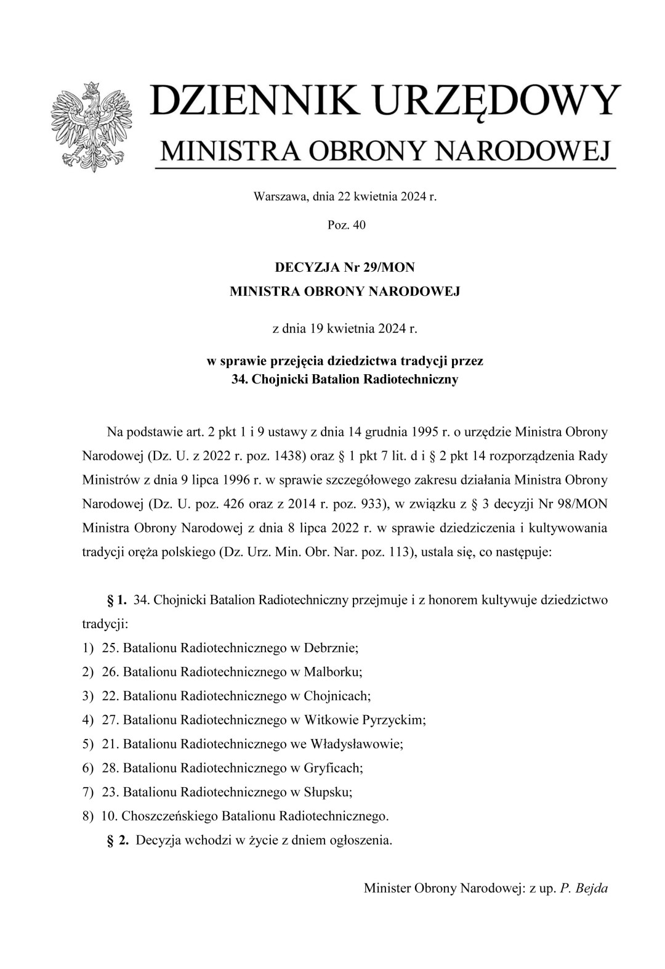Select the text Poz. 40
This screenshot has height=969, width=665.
point(347,225)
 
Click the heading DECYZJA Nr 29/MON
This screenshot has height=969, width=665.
point(345,268)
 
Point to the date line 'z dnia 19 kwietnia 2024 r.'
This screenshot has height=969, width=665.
point(345,328)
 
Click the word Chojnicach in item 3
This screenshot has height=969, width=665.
point(337,696)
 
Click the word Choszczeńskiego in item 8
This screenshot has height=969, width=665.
point(168,816)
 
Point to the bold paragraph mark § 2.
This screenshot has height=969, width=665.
point(118,840)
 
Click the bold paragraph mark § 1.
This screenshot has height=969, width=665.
point(117,600)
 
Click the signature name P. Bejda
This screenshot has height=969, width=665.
point(584,888)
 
